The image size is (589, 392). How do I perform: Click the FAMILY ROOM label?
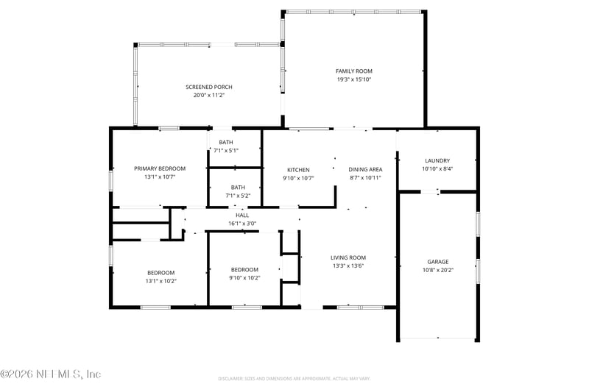[354, 71]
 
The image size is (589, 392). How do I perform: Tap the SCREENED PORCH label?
[208, 87]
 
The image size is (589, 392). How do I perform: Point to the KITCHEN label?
[297, 170]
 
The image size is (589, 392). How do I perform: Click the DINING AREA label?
[365, 170]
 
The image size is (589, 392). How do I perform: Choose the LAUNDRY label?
[437, 160]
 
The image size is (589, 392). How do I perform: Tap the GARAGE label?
[437, 261]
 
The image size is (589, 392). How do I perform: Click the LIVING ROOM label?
[348, 257]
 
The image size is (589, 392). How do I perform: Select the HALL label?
[242, 215]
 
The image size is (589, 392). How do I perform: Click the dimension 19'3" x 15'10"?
[354, 79]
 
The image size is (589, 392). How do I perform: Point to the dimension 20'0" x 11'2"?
[208, 95]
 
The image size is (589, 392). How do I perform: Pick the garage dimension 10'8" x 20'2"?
[437, 270]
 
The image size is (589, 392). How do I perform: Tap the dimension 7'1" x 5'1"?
[225, 150]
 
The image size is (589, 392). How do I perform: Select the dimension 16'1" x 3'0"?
[242, 223]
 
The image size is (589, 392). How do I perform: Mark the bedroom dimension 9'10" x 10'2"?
[244, 278]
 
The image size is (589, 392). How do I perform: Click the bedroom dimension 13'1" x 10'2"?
[161, 280]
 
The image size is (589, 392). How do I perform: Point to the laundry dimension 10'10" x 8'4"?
[437, 168]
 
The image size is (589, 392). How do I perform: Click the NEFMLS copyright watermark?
[51, 374]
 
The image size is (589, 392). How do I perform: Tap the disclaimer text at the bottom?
[293, 378]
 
